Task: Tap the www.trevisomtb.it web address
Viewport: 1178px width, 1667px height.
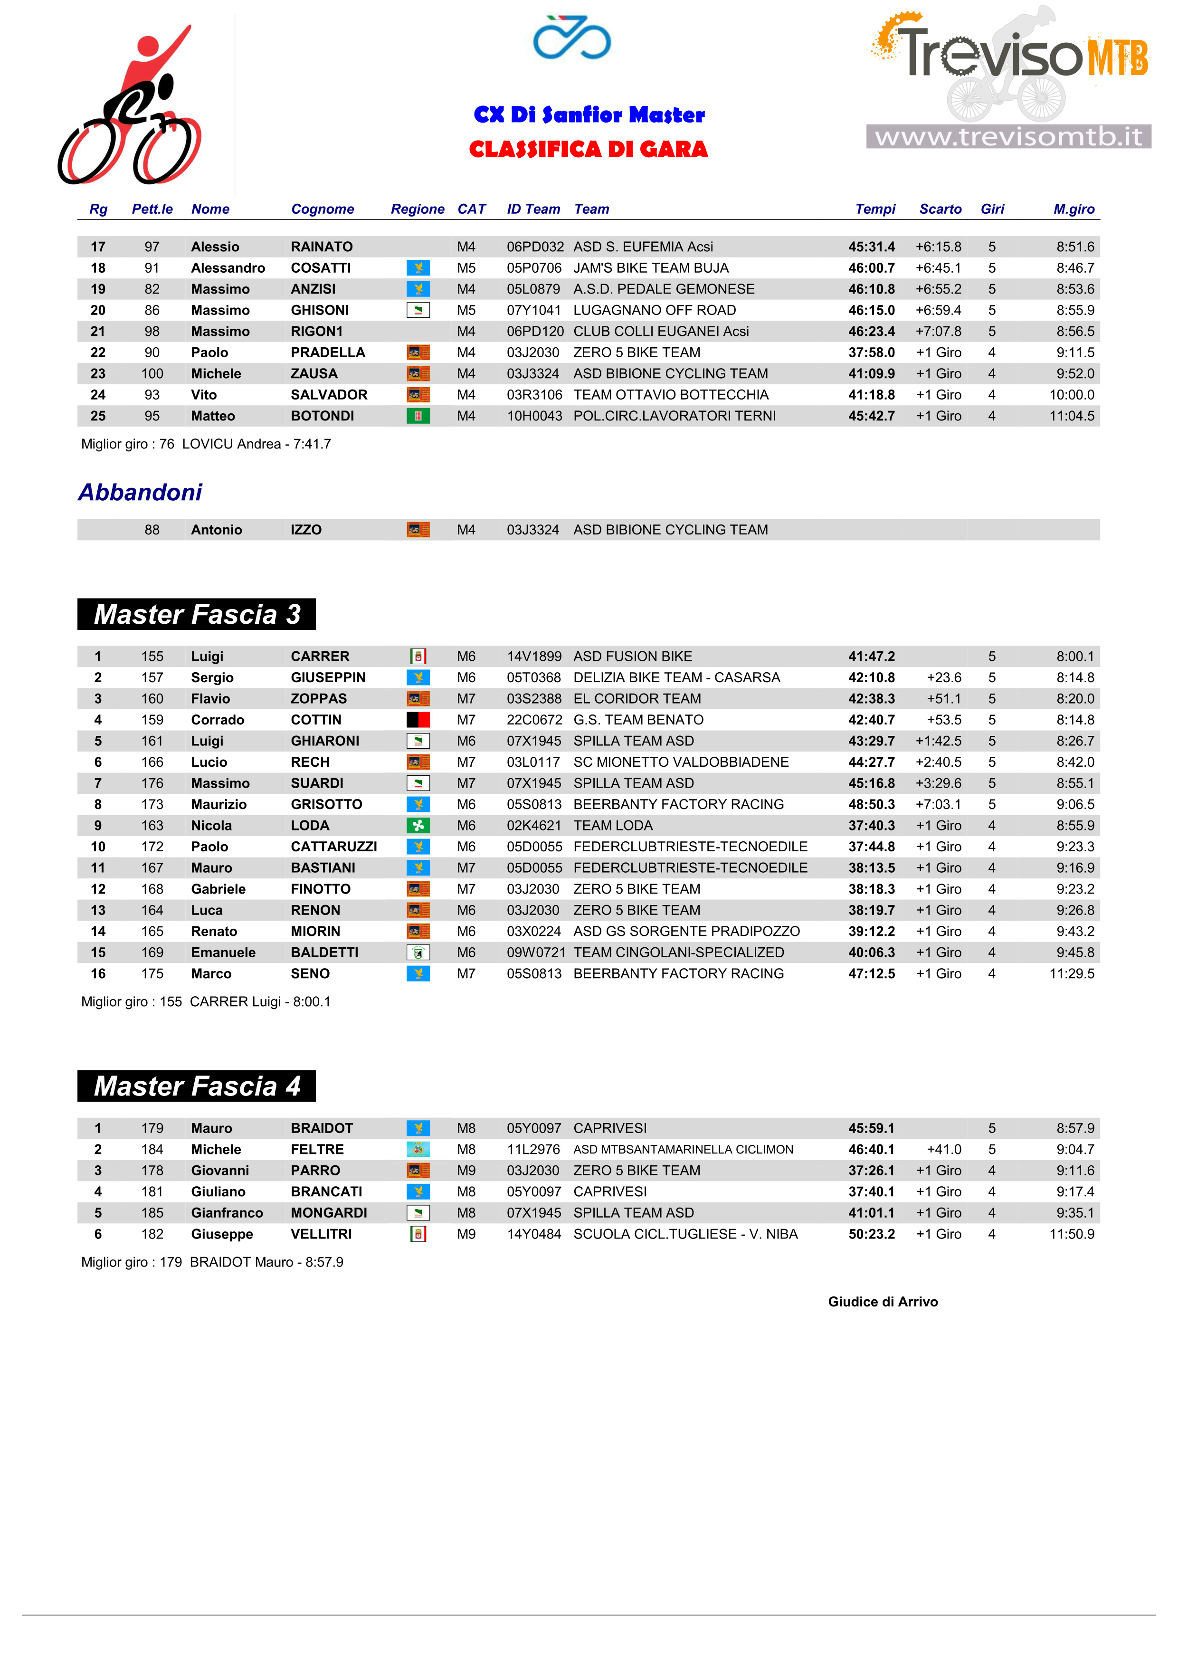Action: click(1008, 136)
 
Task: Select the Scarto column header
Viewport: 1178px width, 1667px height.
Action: click(940, 209)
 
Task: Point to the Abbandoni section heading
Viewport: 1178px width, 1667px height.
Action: click(140, 492)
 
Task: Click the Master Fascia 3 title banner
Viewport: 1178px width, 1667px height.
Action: click(197, 614)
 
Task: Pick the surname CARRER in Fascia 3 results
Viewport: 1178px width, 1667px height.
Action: click(320, 657)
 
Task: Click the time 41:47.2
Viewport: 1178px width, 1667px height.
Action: click(871, 657)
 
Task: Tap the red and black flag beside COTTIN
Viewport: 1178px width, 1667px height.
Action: click(418, 720)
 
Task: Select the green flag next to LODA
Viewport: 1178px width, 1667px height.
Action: click(418, 826)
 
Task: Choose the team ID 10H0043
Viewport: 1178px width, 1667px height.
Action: click(534, 416)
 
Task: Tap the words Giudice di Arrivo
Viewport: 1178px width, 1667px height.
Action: click(883, 1302)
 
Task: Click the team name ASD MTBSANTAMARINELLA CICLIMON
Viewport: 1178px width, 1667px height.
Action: click(683, 1149)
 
